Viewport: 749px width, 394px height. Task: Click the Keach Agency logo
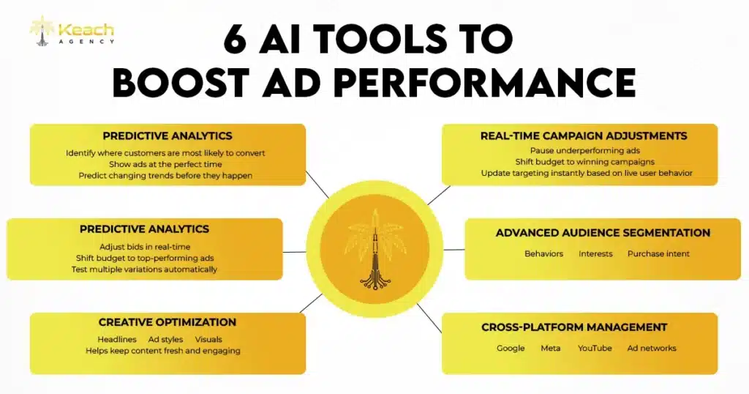click(x=71, y=31)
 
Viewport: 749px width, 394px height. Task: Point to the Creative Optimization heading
click(x=168, y=322)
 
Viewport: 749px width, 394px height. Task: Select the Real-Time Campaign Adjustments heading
click(x=584, y=135)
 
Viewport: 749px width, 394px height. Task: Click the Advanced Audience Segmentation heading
click(x=603, y=233)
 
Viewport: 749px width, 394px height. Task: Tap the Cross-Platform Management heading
click(x=574, y=327)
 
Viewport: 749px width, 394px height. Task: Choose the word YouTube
click(x=595, y=348)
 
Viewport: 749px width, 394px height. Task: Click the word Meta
click(x=551, y=348)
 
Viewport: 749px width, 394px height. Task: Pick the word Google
click(x=511, y=348)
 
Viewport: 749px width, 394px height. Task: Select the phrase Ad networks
click(x=652, y=348)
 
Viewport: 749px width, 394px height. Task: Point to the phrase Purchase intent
click(x=658, y=253)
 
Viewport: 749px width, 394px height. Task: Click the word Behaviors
click(x=543, y=253)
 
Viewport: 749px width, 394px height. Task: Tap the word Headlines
click(x=117, y=339)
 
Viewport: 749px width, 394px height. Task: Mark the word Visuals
click(x=208, y=339)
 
